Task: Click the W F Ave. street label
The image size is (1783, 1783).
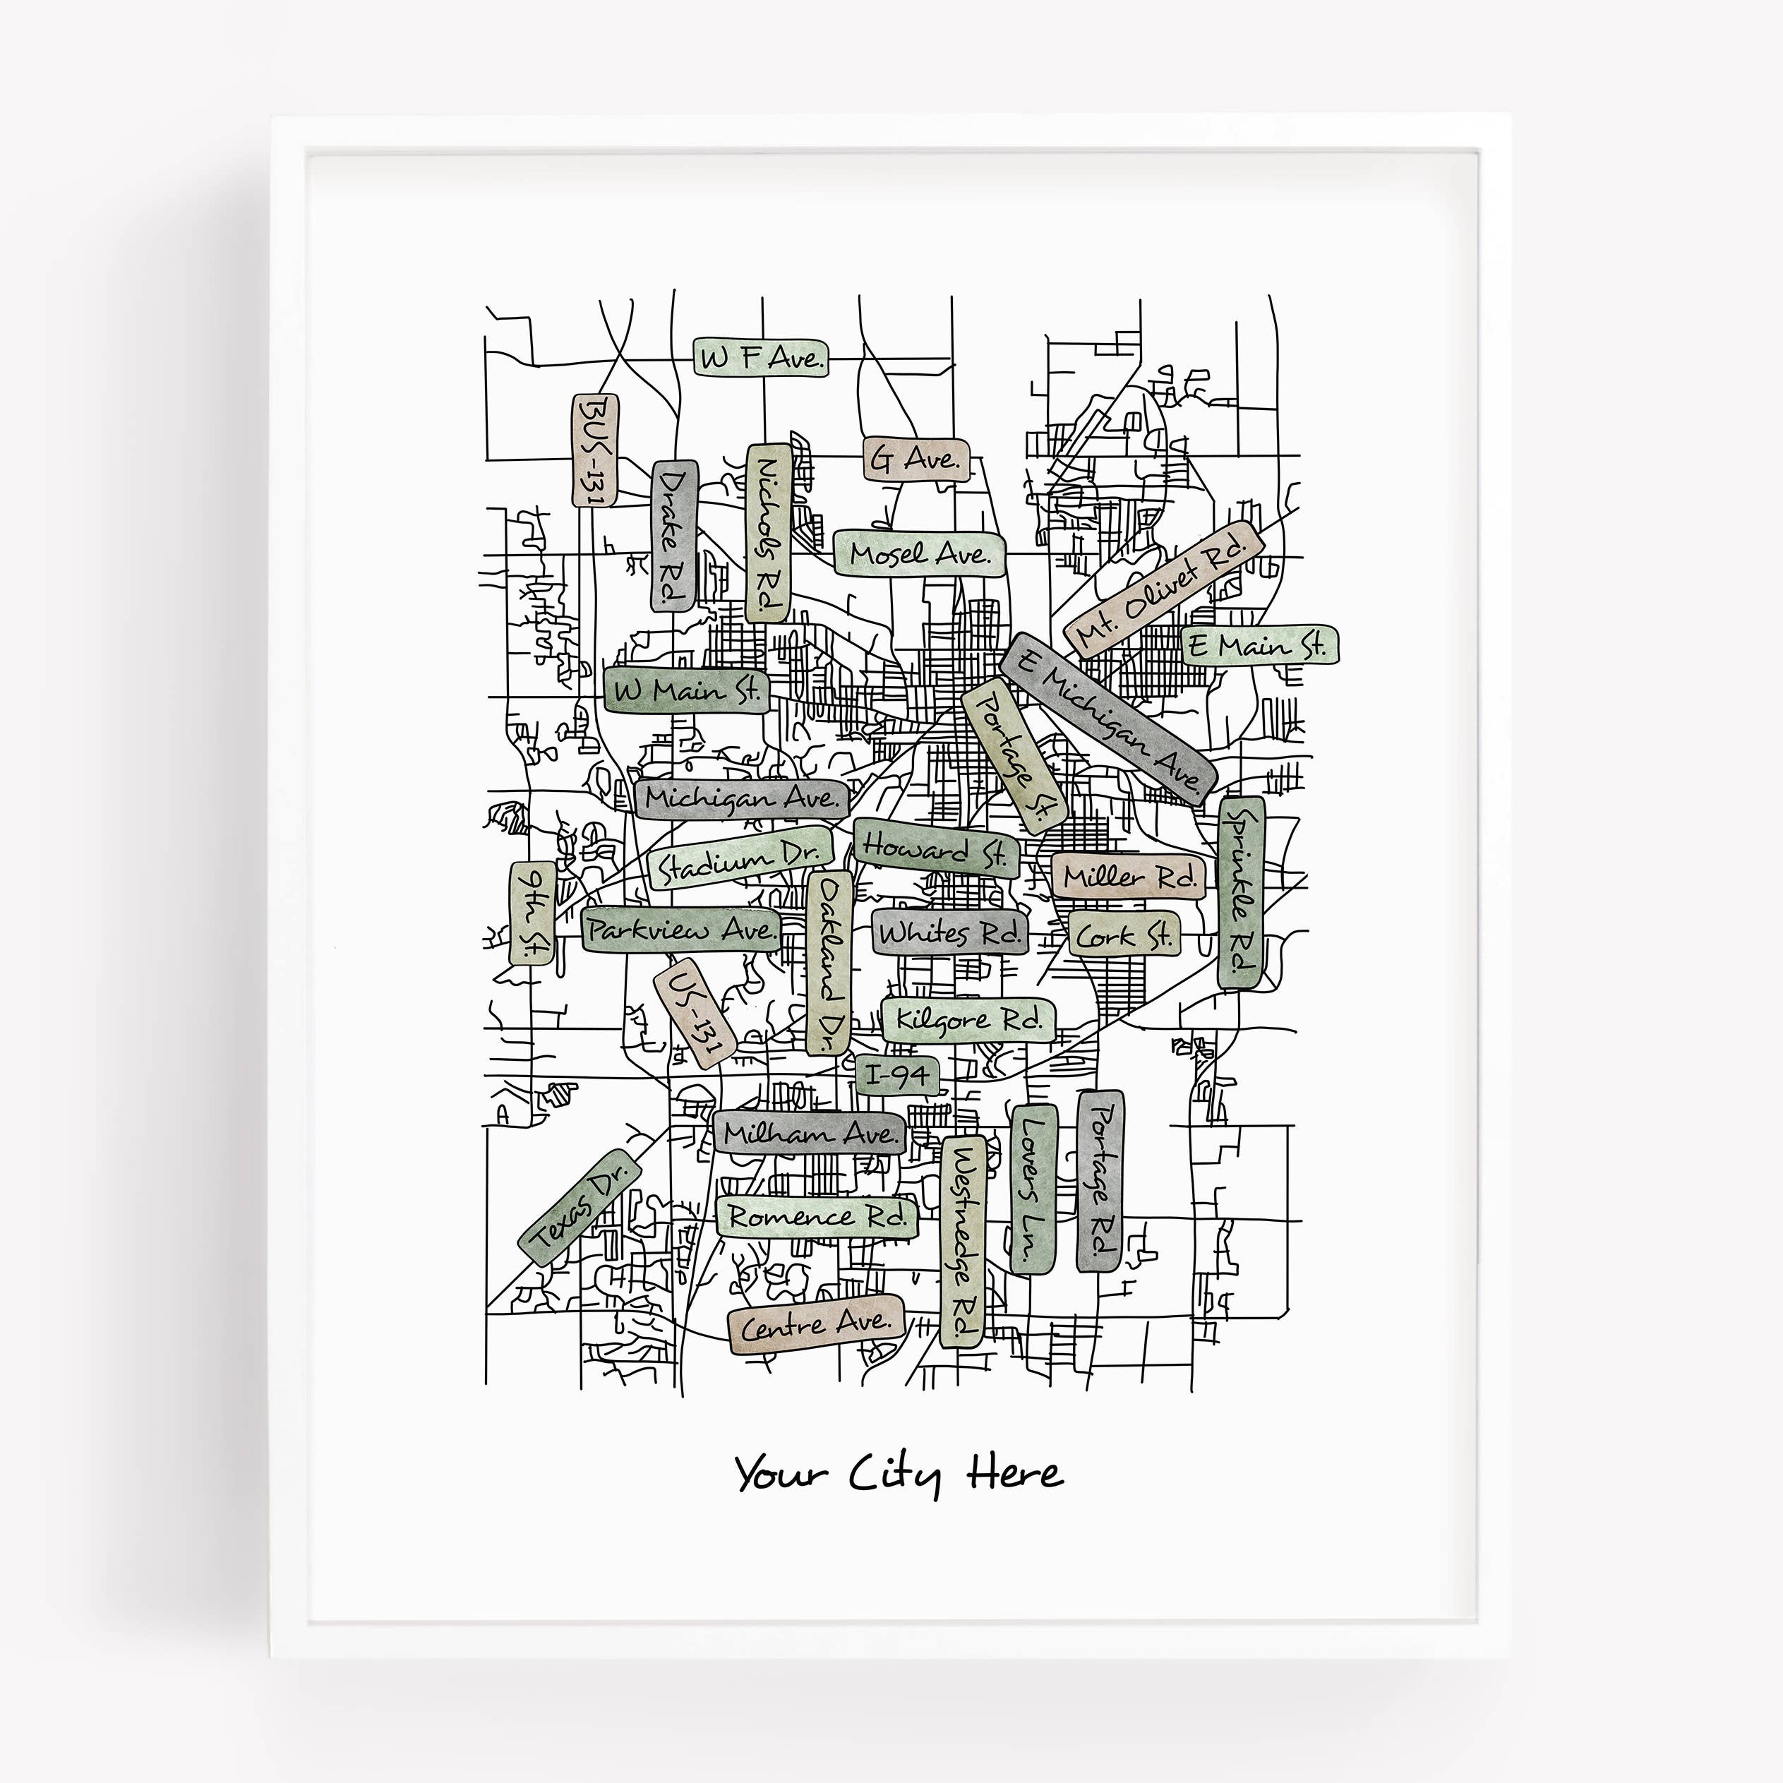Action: pos(760,358)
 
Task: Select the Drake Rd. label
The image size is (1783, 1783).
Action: pos(676,535)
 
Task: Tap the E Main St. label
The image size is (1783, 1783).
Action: pos(1260,645)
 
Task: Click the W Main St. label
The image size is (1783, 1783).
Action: pos(687,690)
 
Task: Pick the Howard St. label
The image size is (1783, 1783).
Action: pos(934,848)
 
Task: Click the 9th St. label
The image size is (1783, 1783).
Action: pos(532,913)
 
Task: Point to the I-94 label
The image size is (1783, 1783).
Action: pos(896,1075)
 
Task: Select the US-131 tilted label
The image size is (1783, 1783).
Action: pos(694,1012)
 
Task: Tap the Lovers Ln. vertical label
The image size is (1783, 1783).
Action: pos(1033,1189)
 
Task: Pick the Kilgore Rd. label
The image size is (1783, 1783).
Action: pos(968,1020)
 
